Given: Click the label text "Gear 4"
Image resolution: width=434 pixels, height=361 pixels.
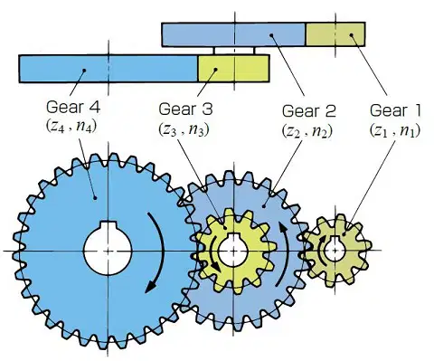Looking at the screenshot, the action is (73, 107).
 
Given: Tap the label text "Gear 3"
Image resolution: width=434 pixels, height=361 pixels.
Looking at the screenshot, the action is (185, 109).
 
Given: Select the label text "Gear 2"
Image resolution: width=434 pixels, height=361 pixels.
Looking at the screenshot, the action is (308, 110).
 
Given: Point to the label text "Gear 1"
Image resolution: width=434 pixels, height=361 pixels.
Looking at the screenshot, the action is (395, 110).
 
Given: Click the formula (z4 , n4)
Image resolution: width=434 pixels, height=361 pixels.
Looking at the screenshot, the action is (71, 126).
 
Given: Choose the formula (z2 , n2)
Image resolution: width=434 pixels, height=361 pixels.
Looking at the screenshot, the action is (307, 130).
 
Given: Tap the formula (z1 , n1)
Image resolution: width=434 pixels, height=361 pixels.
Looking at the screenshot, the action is (395, 130).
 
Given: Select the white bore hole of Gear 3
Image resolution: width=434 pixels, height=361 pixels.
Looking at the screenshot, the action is (233, 250).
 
